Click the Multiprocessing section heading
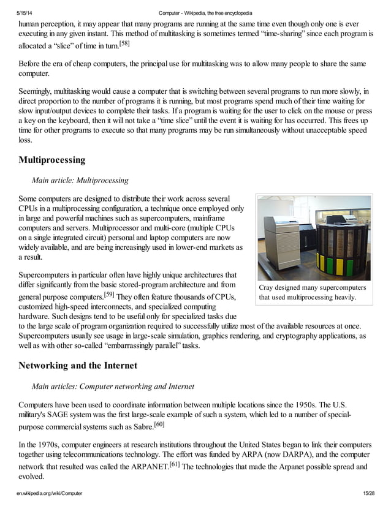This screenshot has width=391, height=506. [52, 160]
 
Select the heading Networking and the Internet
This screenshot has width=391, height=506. [78, 366]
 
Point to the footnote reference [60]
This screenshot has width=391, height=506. [159, 423]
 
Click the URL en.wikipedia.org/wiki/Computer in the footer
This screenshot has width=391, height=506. [51, 493]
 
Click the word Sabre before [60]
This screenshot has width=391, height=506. [139, 426]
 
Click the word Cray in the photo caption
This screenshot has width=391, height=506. [268, 287]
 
